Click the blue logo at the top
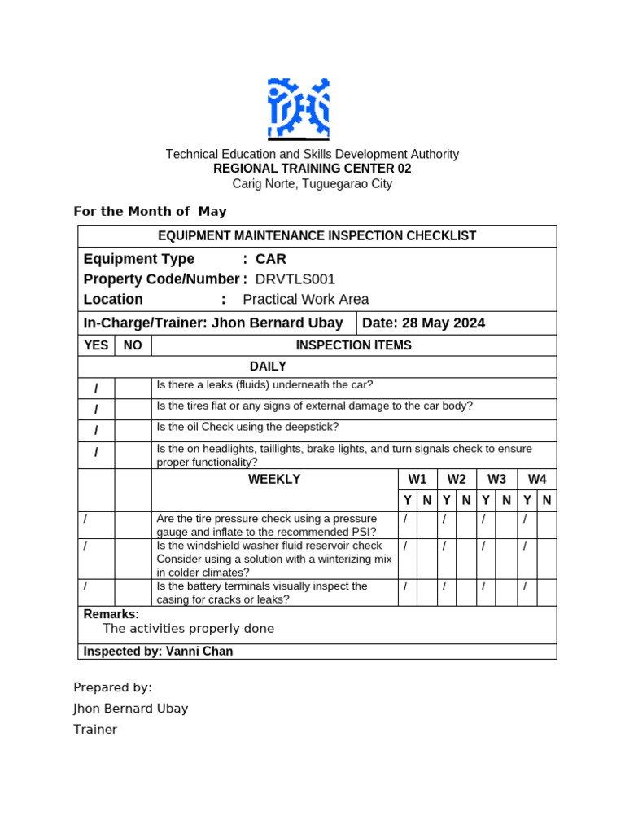[299, 108]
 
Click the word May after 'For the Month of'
[212, 212]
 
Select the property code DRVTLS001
[295, 279]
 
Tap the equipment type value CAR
[271, 259]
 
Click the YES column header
[96, 345]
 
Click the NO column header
[133, 345]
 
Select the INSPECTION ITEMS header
[353, 345]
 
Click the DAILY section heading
[268, 367]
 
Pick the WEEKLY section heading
[274, 480]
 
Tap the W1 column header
[417, 480]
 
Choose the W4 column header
[537, 480]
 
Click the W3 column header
[497, 480]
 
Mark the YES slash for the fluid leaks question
[96, 388]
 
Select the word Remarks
[111, 614]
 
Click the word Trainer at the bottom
[95, 730]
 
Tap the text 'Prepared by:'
[112, 687]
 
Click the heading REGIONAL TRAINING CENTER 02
[312, 169]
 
